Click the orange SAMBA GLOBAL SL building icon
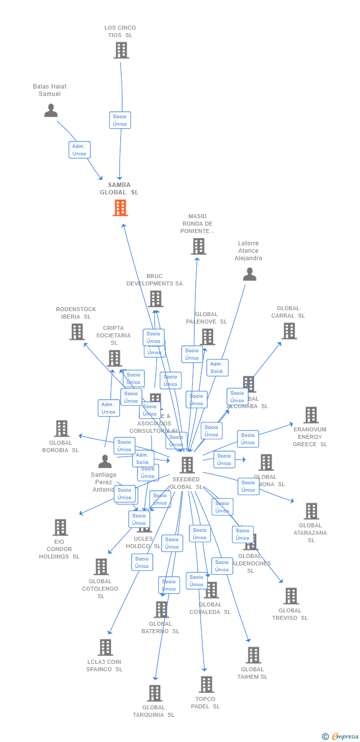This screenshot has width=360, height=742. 120,208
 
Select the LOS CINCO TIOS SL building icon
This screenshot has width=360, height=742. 121,50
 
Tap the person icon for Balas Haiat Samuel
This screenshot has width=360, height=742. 51,110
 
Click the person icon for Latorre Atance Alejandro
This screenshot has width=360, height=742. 250,274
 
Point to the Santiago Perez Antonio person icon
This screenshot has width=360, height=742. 105,461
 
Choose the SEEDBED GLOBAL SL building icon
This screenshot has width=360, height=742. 187,465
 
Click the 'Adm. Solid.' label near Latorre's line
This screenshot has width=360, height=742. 217,368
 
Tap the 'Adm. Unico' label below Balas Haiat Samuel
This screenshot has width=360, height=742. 79,150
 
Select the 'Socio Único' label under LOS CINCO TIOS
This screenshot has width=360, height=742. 120,120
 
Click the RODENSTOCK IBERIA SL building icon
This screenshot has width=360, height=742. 77,331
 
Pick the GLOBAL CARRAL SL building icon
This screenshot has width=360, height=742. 289,331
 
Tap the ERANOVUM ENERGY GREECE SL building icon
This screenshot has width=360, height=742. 311,415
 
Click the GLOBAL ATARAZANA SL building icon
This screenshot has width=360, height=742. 311,511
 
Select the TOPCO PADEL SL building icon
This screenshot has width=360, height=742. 206,685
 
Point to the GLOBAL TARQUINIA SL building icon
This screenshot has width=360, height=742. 155,693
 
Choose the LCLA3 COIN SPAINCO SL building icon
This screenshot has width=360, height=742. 105,647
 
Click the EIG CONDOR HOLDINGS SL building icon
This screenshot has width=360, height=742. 60,527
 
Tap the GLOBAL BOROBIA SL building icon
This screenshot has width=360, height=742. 61,428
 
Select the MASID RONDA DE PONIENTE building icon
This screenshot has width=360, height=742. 198,246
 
